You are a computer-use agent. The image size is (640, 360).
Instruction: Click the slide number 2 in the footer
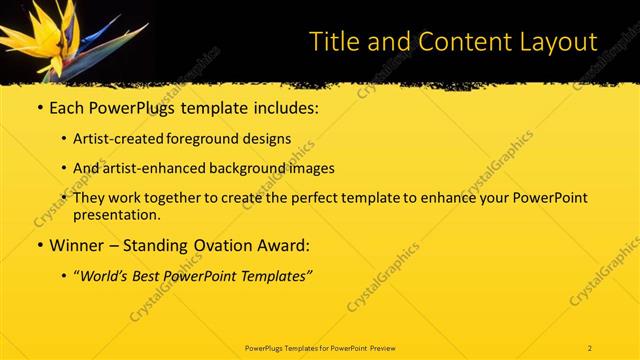[590, 347]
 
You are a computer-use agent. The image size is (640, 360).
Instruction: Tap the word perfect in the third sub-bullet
[297, 198]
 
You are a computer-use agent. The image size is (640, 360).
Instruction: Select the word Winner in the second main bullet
[76, 245]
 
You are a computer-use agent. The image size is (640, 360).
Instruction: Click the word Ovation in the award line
[235, 245]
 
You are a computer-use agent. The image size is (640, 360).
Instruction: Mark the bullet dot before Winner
[39, 245]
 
